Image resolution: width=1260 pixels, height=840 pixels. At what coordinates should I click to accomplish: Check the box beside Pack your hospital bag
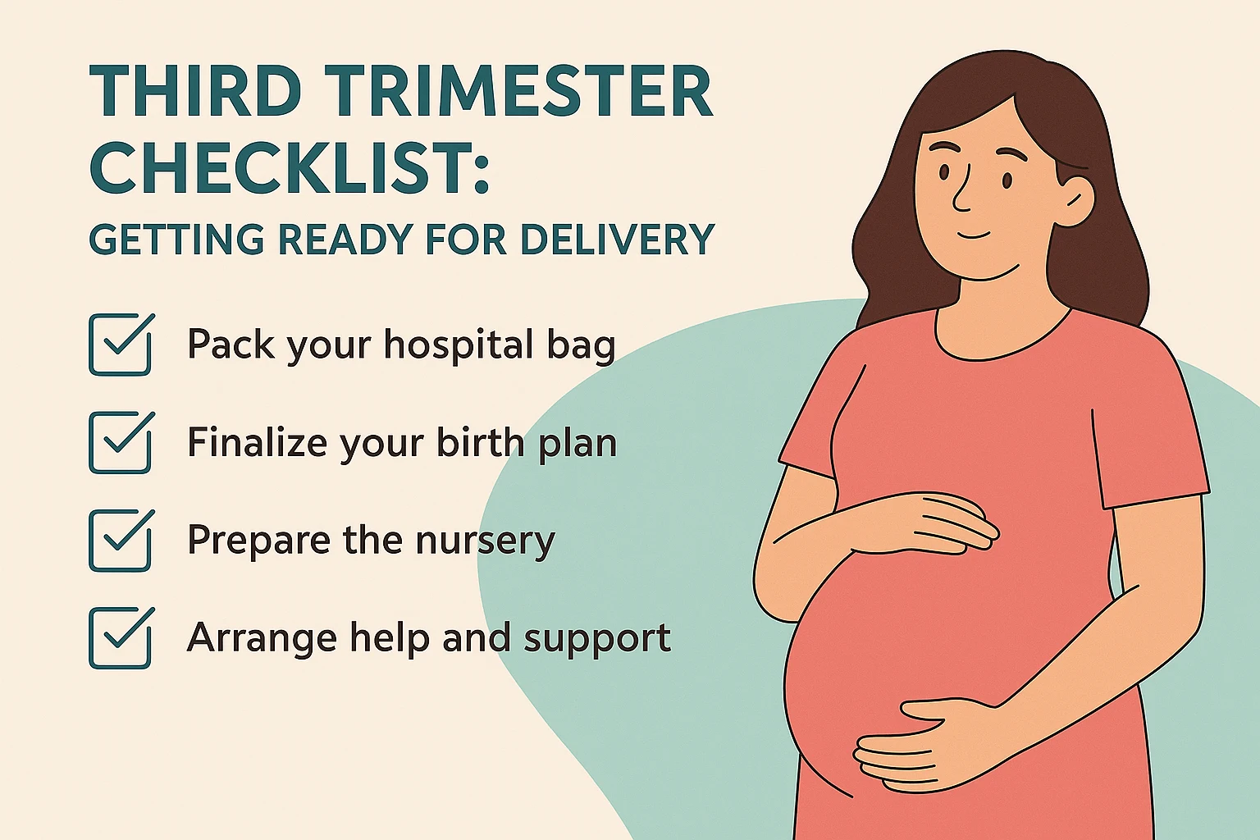pyautogui.click(x=121, y=345)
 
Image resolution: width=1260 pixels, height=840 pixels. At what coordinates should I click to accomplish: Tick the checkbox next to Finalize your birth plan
pyautogui.click(x=121, y=442)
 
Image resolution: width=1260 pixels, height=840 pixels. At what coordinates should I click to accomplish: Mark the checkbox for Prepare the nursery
pyautogui.click(x=121, y=540)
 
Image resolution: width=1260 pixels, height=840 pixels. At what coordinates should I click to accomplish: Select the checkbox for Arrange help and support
pyautogui.click(x=121, y=637)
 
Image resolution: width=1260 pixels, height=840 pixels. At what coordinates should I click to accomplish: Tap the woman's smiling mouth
pyautogui.click(x=974, y=235)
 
